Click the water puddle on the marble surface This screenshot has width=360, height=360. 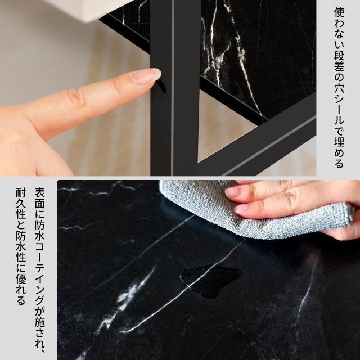point(211,280)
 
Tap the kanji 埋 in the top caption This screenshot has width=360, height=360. point(339,142)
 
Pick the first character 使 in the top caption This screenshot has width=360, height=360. point(339,12)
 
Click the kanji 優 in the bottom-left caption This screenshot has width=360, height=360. point(21,279)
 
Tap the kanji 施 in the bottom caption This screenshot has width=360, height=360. point(40,322)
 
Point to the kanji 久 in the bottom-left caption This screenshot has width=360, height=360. point(21,205)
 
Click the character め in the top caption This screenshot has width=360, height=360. point(339,153)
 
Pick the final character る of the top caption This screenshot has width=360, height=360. point(339,164)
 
